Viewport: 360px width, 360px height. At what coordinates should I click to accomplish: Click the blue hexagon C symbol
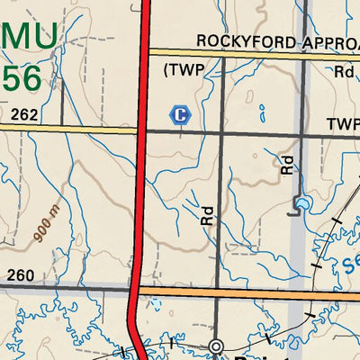point(181,114)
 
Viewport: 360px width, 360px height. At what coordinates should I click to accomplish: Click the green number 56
point(22,79)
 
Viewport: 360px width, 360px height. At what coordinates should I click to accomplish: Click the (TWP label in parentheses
point(184,69)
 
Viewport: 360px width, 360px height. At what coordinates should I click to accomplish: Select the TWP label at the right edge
point(342,123)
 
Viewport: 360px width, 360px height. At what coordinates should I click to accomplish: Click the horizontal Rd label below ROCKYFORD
point(344,72)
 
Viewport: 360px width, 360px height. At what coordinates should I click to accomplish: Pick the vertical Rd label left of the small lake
point(287,163)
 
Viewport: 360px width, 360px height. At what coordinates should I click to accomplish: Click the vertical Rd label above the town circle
point(208,214)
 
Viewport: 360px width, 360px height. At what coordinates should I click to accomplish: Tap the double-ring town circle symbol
point(216,346)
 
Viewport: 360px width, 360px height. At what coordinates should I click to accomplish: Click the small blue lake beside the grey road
point(302,202)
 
